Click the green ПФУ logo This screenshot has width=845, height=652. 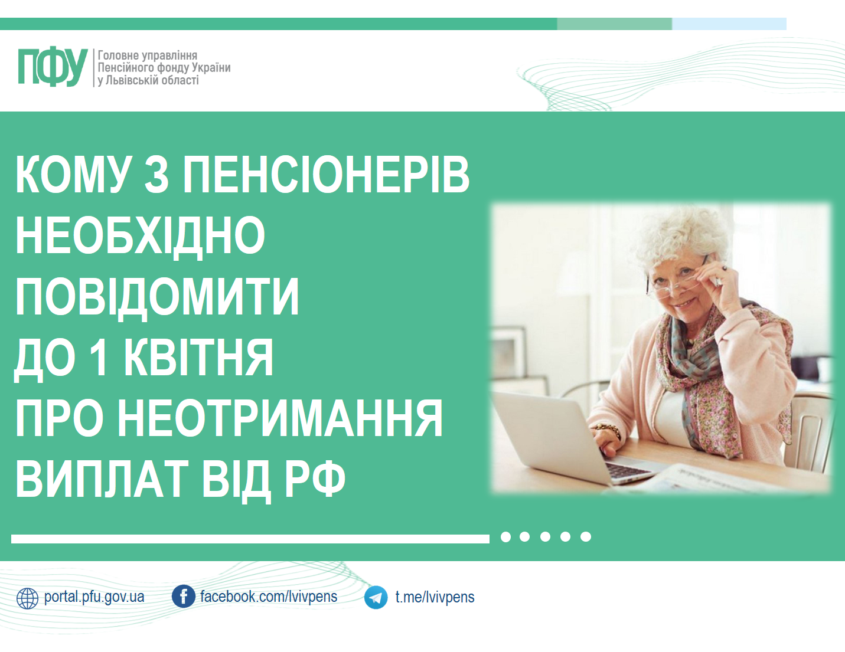(53, 67)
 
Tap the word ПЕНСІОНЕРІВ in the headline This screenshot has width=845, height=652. (327, 174)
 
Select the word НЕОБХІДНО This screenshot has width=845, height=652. (140, 235)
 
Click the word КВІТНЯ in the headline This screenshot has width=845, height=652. (199, 357)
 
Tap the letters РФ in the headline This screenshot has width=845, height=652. (315, 478)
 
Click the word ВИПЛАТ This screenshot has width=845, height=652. (102, 478)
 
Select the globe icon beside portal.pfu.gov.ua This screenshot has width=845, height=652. (27, 598)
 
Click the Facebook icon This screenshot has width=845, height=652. (184, 597)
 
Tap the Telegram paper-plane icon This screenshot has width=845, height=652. (376, 597)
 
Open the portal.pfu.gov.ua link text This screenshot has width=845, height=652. (94, 597)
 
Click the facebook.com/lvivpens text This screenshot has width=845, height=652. (269, 597)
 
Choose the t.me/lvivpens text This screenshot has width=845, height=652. (435, 597)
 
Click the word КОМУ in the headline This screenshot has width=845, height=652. (73, 174)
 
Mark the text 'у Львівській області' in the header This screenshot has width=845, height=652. (148, 80)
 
